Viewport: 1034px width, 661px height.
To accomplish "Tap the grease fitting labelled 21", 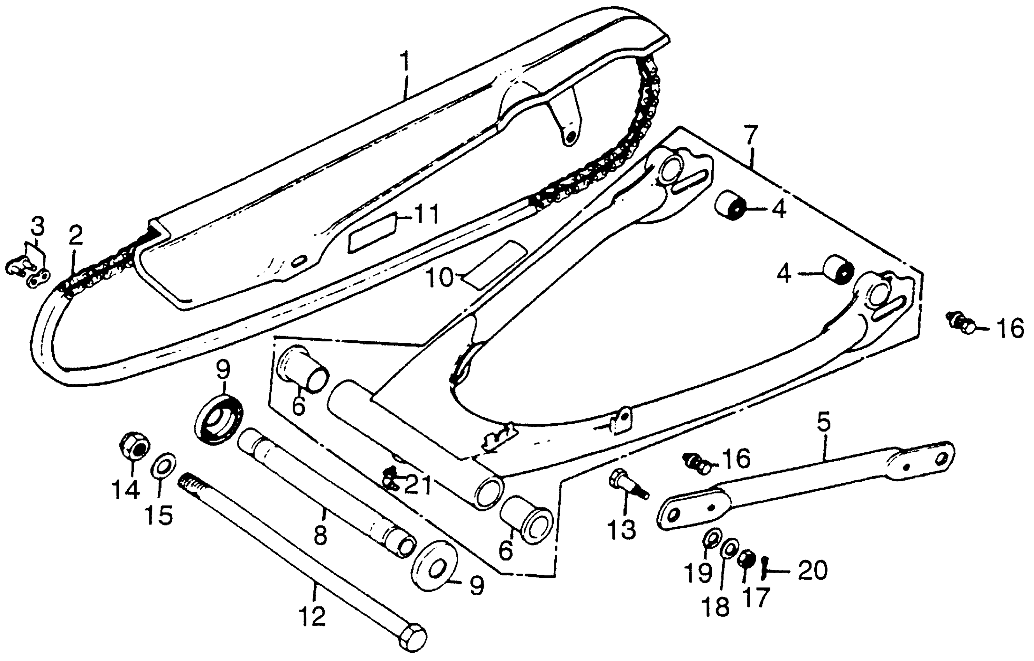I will pyautogui.click(x=390, y=477).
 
